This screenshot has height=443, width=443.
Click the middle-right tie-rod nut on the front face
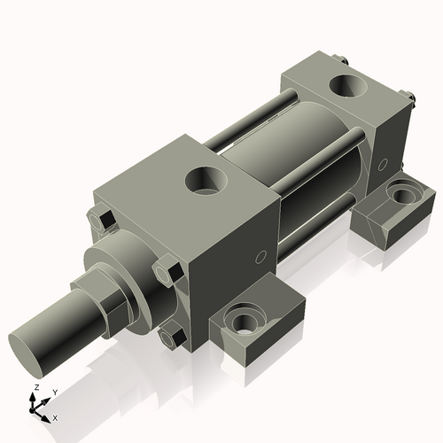click(167, 269)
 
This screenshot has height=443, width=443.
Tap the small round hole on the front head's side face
click(260, 258)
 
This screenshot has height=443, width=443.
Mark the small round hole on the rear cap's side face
click(384, 164)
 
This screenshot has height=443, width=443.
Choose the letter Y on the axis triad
click(54, 391)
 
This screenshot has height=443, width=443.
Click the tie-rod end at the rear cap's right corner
click(409, 98)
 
